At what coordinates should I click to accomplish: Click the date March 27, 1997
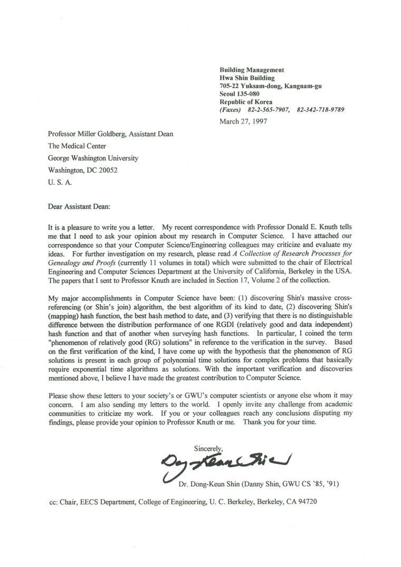point(243,121)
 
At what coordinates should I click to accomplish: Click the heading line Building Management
point(252,70)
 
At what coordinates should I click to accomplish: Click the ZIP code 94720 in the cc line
point(309,503)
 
